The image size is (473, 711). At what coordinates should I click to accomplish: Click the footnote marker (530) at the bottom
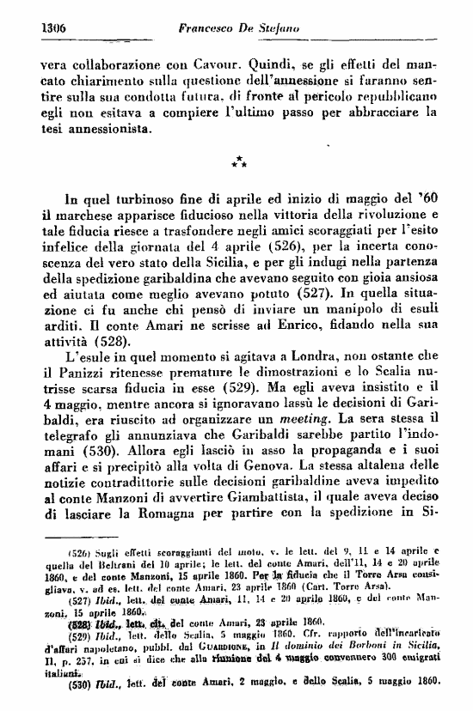(x=58, y=686)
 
